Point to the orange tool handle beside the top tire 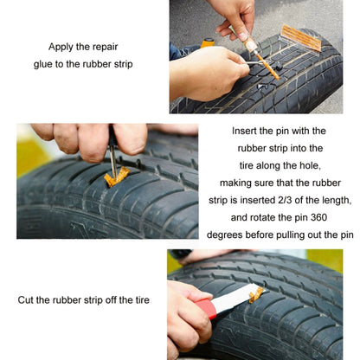208,42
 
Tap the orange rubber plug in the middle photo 115,177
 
